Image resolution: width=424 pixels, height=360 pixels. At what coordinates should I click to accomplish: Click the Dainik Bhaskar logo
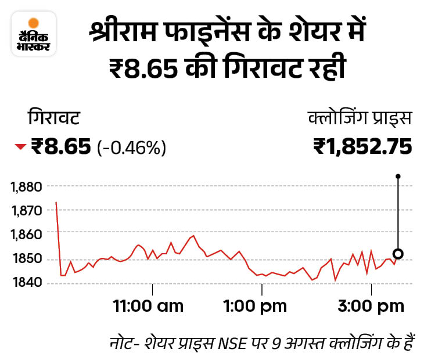point(34,34)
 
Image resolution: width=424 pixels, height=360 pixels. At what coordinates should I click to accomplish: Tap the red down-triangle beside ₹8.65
point(20,147)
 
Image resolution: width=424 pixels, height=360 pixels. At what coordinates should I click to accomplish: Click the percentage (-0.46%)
point(132,147)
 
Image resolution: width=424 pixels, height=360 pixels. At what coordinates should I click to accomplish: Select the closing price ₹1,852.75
point(362,146)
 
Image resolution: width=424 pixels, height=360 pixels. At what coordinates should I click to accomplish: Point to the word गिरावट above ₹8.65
point(53,119)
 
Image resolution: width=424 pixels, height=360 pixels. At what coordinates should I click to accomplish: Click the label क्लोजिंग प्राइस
point(360,119)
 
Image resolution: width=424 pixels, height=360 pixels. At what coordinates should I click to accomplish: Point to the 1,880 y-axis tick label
point(26,186)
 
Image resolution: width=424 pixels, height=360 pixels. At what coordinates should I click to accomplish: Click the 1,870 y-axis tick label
point(26,210)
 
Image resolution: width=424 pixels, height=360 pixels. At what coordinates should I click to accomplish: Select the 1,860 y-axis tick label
point(26,234)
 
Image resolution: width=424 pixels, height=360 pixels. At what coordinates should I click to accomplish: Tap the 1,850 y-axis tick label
point(26,258)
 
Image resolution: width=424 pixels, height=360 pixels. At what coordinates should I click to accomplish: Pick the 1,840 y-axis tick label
point(26,283)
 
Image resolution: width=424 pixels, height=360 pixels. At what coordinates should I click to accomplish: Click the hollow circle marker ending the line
point(398,254)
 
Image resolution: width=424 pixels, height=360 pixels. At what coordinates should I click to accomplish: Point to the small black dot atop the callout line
point(398,175)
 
